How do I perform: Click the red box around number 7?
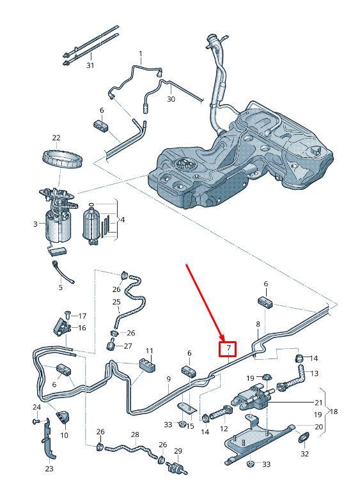[x=228, y=348]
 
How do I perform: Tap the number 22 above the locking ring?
[x=56, y=138]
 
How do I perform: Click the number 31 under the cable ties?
[x=90, y=65]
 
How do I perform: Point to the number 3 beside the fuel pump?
[x=35, y=224]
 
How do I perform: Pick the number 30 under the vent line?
[x=171, y=99]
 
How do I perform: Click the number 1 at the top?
[x=141, y=54]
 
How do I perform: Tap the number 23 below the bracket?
[x=49, y=468]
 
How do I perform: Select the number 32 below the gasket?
[x=305, y=454]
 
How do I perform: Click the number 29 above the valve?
[x=178, y=451]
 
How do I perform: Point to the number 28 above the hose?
[x=136, y=434]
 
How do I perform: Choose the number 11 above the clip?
[x=150, y=351]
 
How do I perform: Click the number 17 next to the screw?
[x=82, y=316]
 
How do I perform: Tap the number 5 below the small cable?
[x=61, y=288]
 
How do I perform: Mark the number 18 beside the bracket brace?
[x=334, y=411]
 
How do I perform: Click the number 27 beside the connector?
[x=128, y=346]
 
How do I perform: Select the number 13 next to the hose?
[x=314, y=373]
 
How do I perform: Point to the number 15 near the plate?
[x=190, y=426]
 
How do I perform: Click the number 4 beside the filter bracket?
[x=123, y=220]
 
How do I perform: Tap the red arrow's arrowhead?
[x=223, y=337]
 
